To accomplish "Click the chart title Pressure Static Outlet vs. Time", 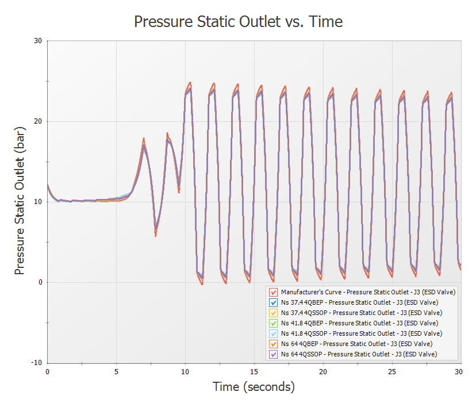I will tap(238, 22).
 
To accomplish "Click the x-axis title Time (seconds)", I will tap(254, 387).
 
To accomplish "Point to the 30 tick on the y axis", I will tap(39, 41).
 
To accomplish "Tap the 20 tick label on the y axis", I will tap(39, 121).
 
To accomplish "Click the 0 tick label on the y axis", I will tap(41, 282).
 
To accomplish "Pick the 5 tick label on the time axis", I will tap(117, 372).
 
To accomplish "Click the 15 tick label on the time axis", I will tap(255, 372).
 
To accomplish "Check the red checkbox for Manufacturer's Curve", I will tap(274, 292).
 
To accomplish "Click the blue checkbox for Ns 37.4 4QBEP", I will tap(274, 302).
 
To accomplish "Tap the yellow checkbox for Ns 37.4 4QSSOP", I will tap(274, 313).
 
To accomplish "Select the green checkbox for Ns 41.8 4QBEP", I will tap(274, 323).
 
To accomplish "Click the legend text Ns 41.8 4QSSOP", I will tap(362, 333).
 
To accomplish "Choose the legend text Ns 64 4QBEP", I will tap(358, 344).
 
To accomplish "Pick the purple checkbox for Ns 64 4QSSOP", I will tap(274, 354).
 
